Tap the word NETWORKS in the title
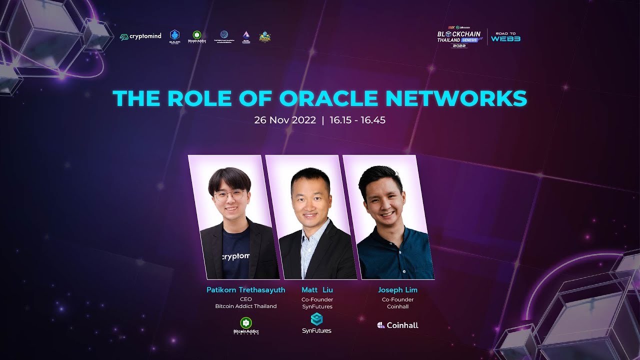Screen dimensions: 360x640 point(456,98)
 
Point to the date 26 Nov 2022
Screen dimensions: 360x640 point(285,120)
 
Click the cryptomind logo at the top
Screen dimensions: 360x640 point(140,36)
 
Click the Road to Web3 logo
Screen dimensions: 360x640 point(505,37)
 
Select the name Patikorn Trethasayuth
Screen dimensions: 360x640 point(245,290)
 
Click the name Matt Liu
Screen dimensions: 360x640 point(317,290)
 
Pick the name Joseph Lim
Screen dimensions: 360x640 point(397,290)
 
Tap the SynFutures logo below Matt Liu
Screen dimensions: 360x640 point(316,323)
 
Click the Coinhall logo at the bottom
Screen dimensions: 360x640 point(397,325)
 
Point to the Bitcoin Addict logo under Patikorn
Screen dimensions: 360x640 point(245,325)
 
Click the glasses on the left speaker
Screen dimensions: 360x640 point(229,195)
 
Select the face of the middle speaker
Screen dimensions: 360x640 point(306,198)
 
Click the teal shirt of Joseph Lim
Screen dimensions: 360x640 point(395,255)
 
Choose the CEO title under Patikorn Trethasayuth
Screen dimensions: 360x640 point(245,299)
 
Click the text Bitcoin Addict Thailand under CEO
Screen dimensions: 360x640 point(245,306)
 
